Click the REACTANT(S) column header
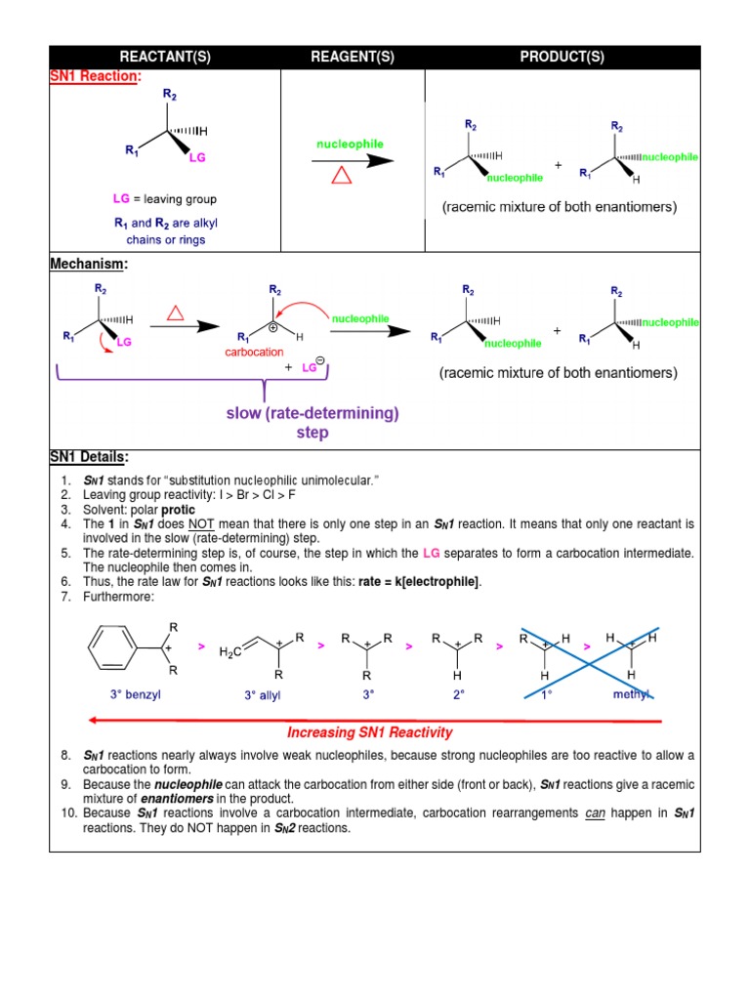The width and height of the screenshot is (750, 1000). coord(164,57)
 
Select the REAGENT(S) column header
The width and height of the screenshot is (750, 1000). coord(353,57)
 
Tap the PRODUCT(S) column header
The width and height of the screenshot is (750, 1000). coord(562,57)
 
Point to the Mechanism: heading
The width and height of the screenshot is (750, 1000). coord(89,264)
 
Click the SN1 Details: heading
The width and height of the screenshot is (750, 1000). coord(89,457)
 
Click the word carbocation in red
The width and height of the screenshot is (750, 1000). coord(254,352)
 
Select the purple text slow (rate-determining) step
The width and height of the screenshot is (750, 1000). coord(312,422)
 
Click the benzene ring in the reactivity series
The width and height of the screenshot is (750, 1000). coord(112,647)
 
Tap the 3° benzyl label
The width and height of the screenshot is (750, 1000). coord(135,694)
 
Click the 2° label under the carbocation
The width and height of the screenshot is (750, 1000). coord(458,694)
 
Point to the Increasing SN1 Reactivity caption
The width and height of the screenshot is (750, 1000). coord(370,732)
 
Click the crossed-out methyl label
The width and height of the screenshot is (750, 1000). coord(630,694)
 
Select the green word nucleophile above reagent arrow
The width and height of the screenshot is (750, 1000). coord(350,144)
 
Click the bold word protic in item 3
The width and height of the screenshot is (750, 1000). coord(179,510)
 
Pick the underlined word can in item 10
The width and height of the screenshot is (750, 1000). coord(595,812)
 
